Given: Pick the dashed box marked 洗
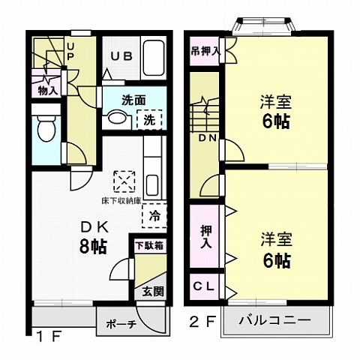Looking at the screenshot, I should click(150, 120).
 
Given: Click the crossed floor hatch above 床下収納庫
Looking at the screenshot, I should click(121, 181).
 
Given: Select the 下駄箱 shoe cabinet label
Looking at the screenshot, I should click(151, 244).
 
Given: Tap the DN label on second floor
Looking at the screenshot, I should click(207, 138).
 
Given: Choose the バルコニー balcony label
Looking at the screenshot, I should click(276, 321).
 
